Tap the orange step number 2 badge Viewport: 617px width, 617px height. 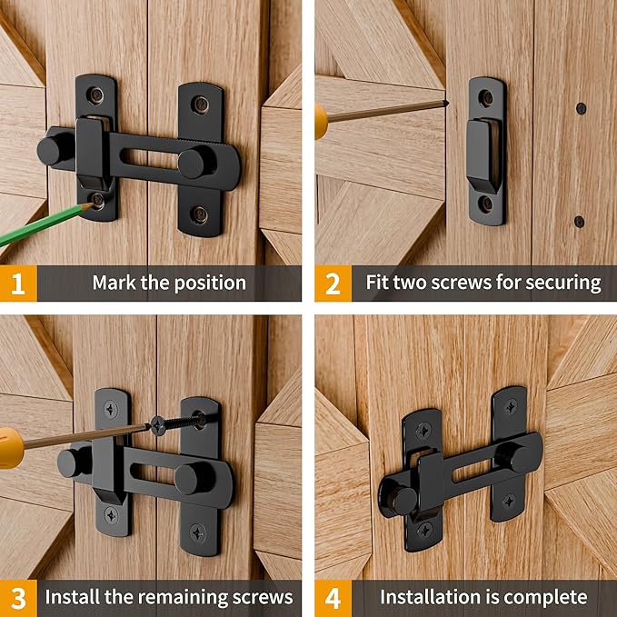(x=332, y=283)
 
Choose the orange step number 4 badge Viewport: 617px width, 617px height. (x=332, y=597)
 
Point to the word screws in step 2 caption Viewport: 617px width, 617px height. (x=481, y=283)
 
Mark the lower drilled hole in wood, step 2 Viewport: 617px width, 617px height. (x=579, y=221)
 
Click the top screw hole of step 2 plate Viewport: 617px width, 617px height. (x=487, y=97)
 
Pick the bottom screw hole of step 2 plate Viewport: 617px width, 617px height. (x=487, y=204)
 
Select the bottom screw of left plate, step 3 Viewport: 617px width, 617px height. (x=111, y=514)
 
